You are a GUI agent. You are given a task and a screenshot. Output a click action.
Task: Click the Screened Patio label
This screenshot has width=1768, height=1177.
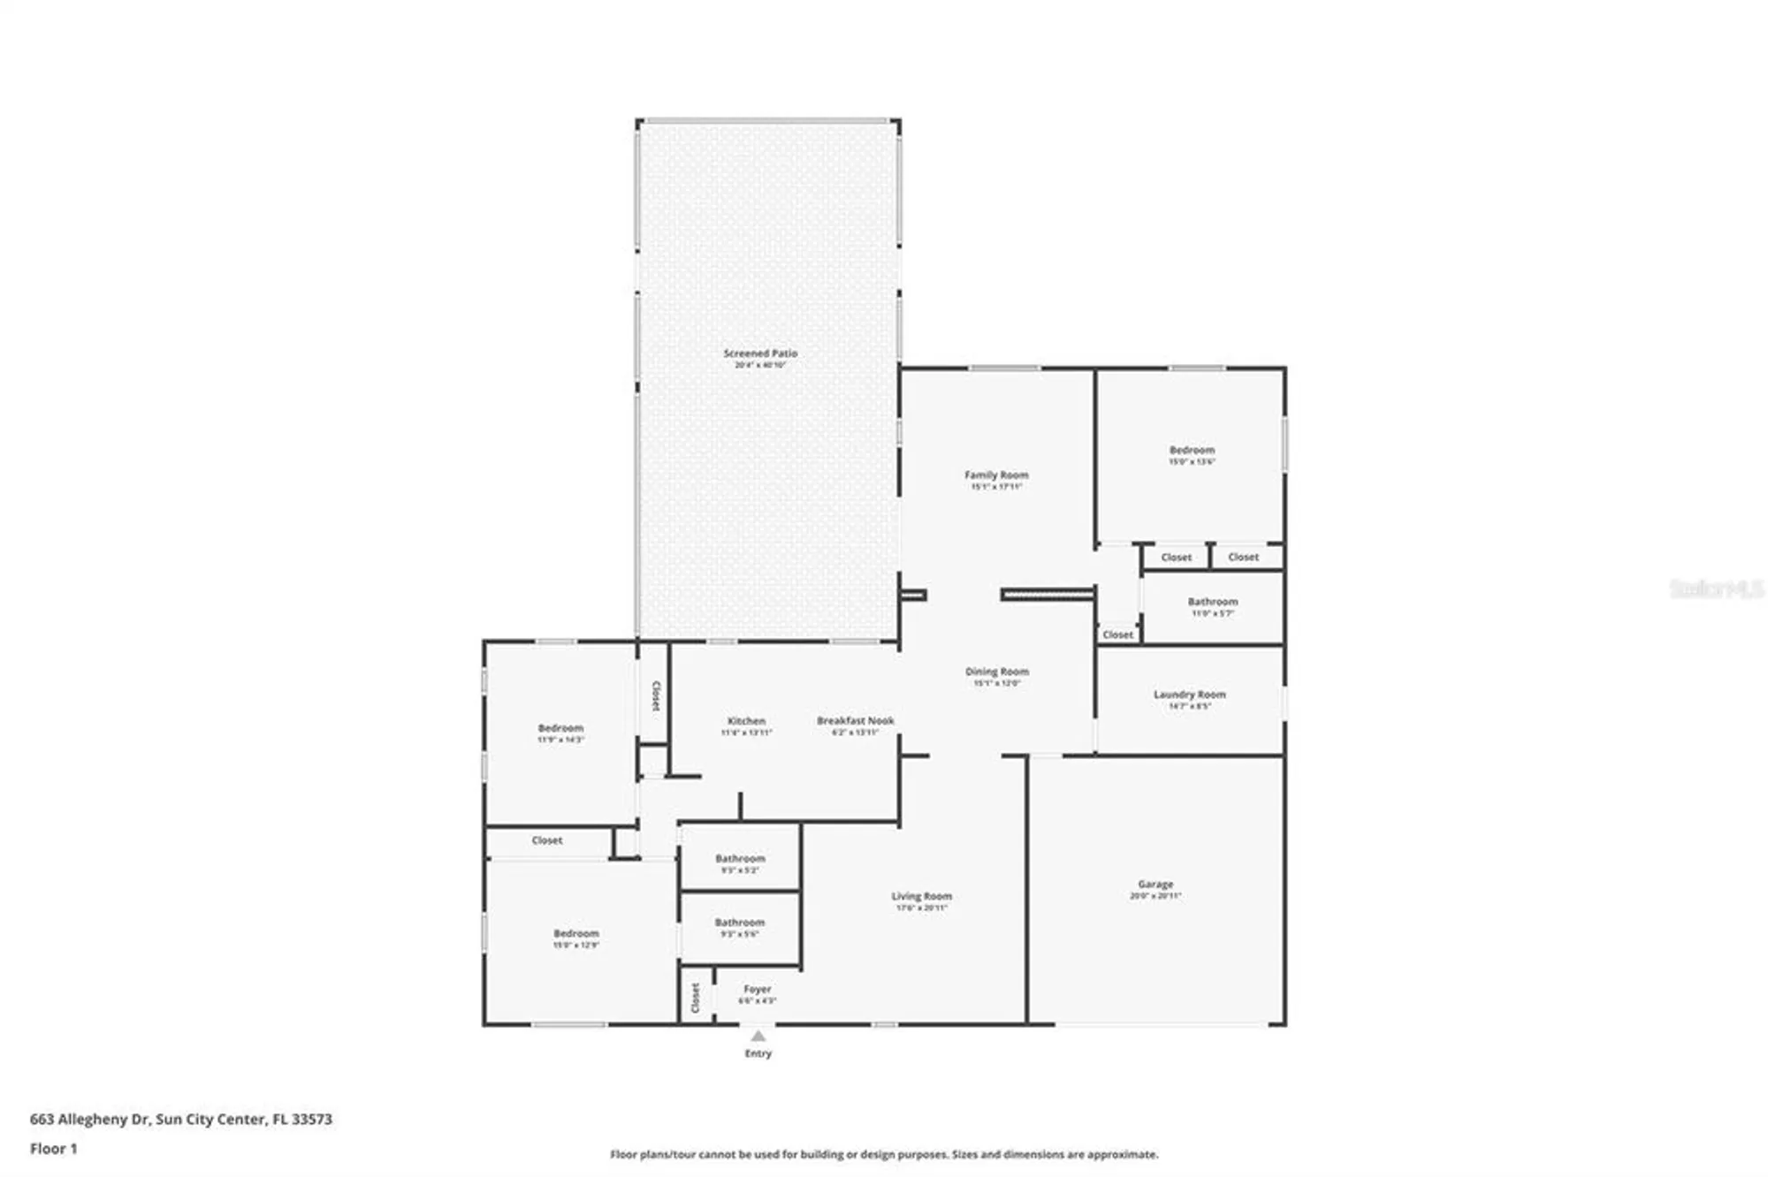[760, 353]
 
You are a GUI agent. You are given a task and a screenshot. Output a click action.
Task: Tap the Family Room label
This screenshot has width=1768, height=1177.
[996, 475]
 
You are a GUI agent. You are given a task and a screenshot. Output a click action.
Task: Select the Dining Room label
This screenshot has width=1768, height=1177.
[996, 672]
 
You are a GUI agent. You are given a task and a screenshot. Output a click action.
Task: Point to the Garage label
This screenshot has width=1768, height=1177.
[1155, 884]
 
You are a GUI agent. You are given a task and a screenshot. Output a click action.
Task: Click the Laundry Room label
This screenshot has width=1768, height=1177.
[1189, 695]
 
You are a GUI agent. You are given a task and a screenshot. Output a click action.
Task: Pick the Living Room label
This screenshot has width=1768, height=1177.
[921, 896]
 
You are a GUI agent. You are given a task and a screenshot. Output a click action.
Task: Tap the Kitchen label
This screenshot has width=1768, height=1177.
[746, 721]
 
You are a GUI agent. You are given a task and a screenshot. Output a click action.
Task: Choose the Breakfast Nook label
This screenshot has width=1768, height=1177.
[855, 721]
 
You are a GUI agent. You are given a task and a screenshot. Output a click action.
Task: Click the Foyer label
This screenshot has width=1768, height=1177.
[758, 990]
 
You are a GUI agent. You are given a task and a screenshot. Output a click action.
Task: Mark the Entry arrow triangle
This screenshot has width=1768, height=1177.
[758, 1036]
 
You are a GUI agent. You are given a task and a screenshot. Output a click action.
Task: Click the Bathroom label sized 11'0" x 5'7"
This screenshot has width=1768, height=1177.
[1212, 602]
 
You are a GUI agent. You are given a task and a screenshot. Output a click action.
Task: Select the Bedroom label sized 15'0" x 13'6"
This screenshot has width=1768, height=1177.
[1192, 450]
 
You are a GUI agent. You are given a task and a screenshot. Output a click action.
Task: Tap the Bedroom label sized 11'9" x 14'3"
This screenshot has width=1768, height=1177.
[560, 728]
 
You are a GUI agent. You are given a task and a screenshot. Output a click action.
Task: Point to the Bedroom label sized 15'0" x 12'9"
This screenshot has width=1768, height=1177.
[575, 933]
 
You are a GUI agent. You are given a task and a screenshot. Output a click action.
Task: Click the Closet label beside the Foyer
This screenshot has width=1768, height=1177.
[696, 998]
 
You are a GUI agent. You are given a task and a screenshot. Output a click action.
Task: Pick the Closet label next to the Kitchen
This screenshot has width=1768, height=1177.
[655, 695]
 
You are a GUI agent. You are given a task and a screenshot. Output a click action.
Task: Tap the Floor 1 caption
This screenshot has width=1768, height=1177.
[53, 1149]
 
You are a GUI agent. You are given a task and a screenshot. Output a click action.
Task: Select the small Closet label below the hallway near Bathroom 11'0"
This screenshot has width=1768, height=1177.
[1117, 634]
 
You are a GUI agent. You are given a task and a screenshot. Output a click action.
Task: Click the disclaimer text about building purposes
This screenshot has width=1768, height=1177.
[884, 1154]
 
